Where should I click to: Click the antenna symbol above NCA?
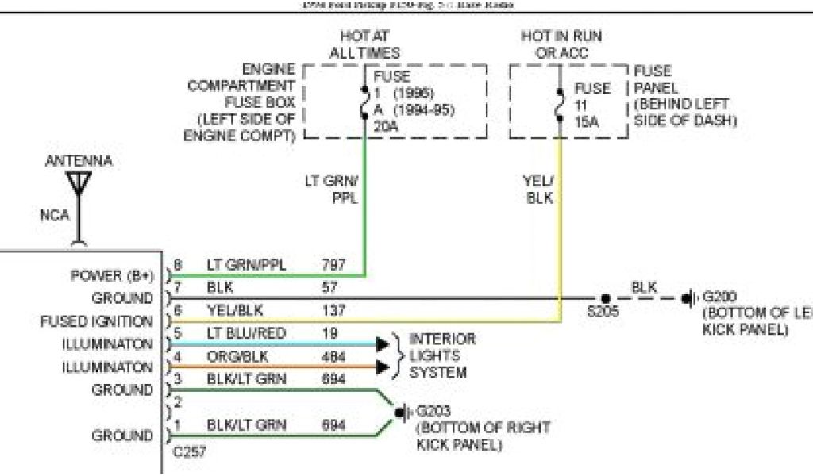click(x=79, y=184)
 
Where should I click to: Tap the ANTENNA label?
click(x=79, y=161)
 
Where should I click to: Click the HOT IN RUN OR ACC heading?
click(x=561, y=45)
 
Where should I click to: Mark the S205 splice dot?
click(x=603, y=299)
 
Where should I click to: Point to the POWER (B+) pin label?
click(x=111, y=276)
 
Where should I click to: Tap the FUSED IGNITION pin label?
click(x=97, y=322)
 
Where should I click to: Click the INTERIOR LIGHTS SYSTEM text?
click(x=442, y=355)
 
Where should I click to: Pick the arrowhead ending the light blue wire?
click(x=383, y=344)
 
